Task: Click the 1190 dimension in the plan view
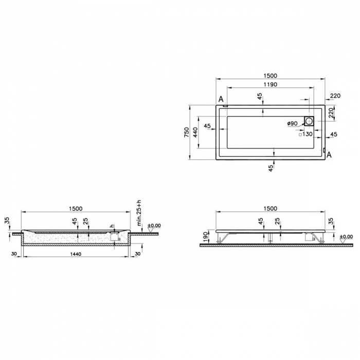click(269, 85)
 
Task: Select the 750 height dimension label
click(187, 133)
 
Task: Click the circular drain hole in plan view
click(309, 121)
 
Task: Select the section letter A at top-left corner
click(221, 99)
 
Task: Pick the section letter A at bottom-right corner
click(329, 154)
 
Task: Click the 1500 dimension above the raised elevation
click(269, 208)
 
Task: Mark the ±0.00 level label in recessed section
click(154, 225)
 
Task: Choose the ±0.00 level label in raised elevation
click(347, 237)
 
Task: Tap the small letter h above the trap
click(111, 226)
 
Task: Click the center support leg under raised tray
click(269, 238)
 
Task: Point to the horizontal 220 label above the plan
click(335, 96)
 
